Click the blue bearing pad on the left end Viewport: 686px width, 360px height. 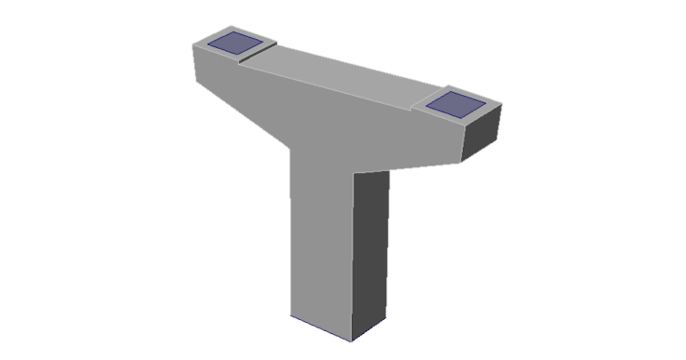(x=234, y=43)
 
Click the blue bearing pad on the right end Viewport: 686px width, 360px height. (x=456, y=104)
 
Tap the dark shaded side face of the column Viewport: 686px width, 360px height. (x=370, y=251)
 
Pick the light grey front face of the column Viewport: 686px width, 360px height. (x=320, y=240)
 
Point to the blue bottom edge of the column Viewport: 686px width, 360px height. (x=320, y=329)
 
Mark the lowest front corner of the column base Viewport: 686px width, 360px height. (x=350, y=342)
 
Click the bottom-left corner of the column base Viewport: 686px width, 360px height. (x=290, y=315)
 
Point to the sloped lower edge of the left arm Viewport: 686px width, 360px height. (x=243, y=114)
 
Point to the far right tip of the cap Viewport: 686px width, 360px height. (x=502, y=105)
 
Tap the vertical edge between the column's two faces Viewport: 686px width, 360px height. (x=352, y=257)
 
